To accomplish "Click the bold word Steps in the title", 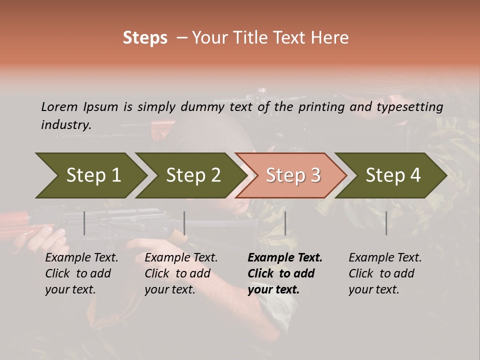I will [x=145, y=38].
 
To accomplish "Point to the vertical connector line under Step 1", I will [x=84, y=223].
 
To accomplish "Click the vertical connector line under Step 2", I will [x=184, y=223].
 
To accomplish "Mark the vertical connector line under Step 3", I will [x=285, y=223].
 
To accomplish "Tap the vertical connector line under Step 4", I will [x=386, y=223].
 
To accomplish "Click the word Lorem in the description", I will [x=59, y=106].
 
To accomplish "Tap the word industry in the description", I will [x=66, y=125].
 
